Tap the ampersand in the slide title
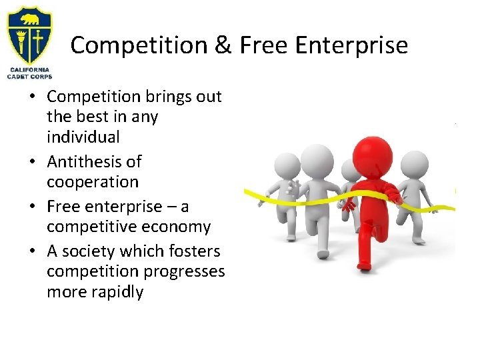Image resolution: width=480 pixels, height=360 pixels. pos(225,45)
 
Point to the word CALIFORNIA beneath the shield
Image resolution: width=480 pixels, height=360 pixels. pos(29,70)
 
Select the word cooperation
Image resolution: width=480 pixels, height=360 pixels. pos(93,182)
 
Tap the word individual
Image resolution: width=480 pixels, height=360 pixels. pos(83,137)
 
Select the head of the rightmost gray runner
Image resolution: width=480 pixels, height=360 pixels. pos(415,163)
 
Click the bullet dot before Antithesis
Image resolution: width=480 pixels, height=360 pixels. pos(32,162)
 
